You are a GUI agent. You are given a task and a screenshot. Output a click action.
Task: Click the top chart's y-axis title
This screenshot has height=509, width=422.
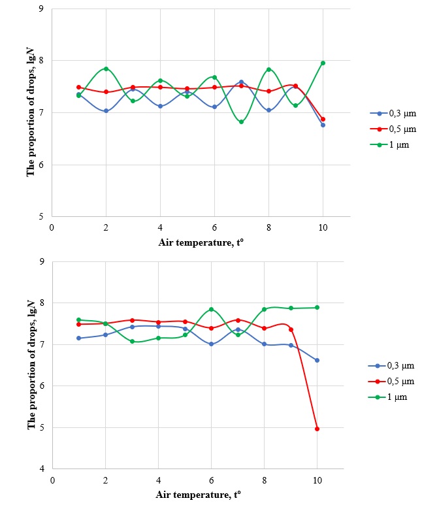[x=30, y=112]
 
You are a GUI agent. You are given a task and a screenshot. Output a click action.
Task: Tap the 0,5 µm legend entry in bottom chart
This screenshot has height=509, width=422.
[x=395, y=381]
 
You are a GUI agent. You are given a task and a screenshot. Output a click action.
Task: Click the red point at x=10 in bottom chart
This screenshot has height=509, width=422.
[x=317, y=429]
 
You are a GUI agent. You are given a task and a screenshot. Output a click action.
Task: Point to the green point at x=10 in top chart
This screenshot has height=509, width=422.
[x=323, y=63]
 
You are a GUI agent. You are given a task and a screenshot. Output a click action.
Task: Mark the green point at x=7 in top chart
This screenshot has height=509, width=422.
[x=241, y=122]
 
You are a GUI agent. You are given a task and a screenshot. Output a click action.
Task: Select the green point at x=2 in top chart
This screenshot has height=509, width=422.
[x=106, y=69]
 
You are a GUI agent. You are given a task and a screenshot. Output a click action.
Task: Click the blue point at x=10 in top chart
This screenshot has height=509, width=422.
[x=323, y=125]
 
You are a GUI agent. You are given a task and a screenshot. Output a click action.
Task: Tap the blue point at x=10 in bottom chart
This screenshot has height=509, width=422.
[x=317, y=360]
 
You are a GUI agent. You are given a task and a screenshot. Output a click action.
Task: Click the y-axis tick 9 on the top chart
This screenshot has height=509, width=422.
[x=42, y=9]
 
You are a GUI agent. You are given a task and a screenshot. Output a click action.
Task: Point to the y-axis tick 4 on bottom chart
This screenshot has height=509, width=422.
[x=42, y=469]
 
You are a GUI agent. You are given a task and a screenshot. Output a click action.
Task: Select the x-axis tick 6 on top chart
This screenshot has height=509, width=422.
[x=214, y=228]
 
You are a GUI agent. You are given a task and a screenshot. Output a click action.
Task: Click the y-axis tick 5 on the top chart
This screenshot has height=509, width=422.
[x=42, y=216]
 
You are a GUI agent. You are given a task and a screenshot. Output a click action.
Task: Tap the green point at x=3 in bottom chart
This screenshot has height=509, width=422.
[x=132, y=341]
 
